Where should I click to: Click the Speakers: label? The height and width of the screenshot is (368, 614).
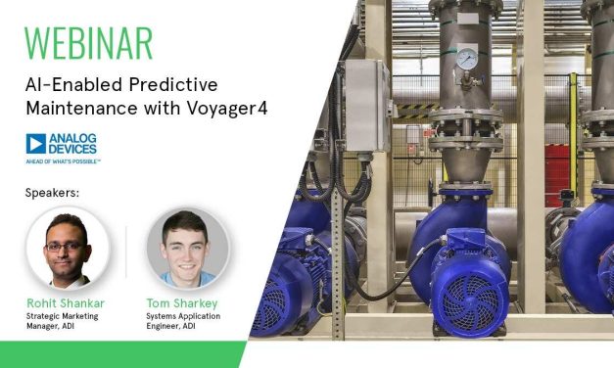[x=52, y=193]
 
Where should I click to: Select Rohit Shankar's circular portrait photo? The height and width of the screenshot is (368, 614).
[x=64, y=248]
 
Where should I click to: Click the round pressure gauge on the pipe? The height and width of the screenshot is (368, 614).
[x=468, y=60]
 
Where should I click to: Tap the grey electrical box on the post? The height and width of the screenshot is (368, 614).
[x=368, y=104]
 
